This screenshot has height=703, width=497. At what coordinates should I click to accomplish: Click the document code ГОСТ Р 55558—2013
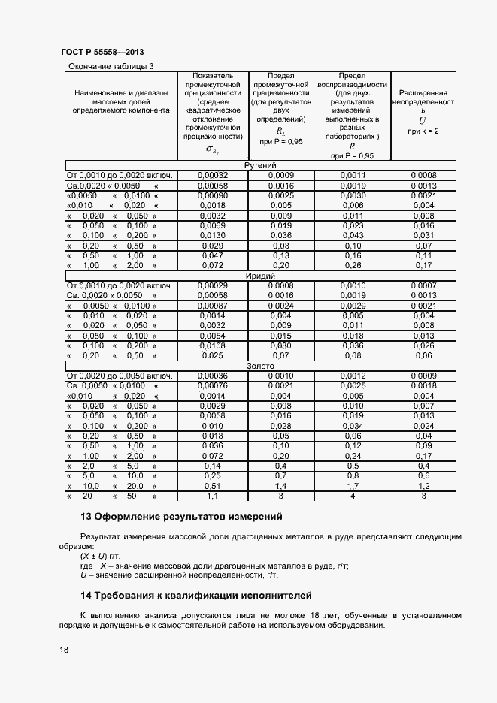coord(102,53)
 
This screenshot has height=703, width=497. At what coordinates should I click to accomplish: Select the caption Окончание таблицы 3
coord(111,66)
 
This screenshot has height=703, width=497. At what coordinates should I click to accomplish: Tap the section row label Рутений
coord(261,166)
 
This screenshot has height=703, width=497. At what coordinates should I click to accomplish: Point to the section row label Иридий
coord(261,276)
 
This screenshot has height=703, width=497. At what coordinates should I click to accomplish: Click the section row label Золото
coord(261,366)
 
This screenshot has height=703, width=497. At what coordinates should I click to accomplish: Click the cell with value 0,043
coord(352,235)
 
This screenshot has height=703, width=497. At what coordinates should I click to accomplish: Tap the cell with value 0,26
coord(352,265)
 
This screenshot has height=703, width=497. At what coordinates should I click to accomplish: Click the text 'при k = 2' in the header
coord(423,131)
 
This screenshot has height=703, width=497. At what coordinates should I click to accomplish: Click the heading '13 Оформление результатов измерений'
coord(181,517)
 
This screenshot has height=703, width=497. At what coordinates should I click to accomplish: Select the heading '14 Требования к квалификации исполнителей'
coord(195,596)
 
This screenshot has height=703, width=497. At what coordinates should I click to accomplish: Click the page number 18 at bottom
coord(64,650)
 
